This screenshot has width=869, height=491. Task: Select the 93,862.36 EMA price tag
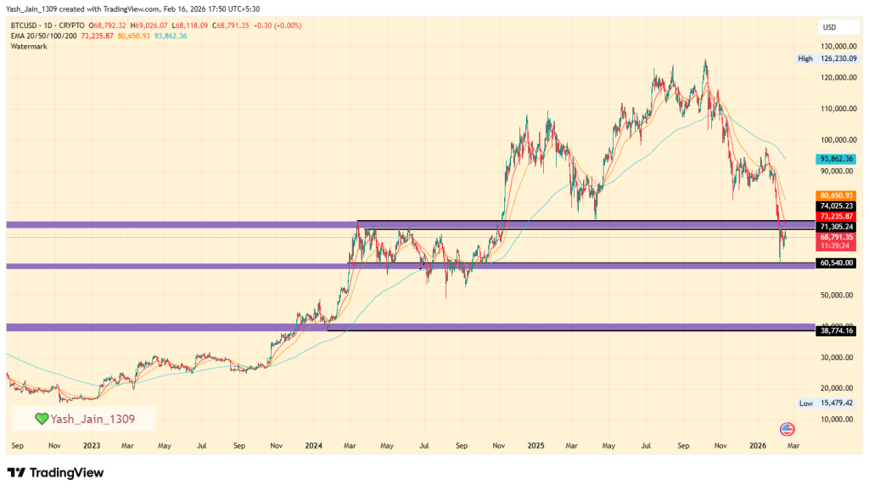coord(836,159)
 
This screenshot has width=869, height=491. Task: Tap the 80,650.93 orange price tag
coord(836,195)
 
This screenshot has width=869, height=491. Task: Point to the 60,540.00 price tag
coord(836,263)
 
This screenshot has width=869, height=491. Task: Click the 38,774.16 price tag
coord(836,330)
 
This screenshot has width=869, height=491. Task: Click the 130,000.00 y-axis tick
coord(837,47)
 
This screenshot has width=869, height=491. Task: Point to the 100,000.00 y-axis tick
coord(837,139)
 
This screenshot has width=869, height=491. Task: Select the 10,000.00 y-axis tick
coord(837,419)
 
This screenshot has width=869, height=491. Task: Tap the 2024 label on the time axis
coord(314,445)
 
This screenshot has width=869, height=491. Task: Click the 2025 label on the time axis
coord(535,445)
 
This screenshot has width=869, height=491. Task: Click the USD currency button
coord(828,26)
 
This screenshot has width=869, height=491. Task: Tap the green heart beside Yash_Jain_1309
coord(41,418)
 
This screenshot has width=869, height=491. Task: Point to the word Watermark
coord(29,46)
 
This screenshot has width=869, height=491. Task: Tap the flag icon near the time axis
coord(786,428)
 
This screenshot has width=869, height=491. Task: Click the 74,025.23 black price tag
coord(836,206)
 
